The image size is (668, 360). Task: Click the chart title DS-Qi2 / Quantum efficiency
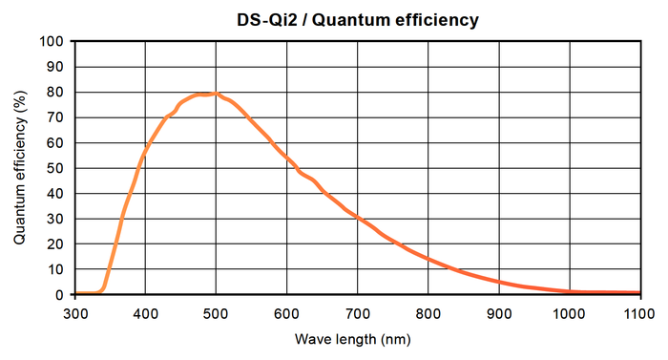pos(358,19)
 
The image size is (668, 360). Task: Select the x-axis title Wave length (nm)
pos(358,339)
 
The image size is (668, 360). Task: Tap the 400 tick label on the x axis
pos(145,312)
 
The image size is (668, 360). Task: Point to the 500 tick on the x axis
pos(216,312)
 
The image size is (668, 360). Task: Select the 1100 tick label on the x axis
pos(639,312)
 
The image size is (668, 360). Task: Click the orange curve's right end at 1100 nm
pos(638,293)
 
